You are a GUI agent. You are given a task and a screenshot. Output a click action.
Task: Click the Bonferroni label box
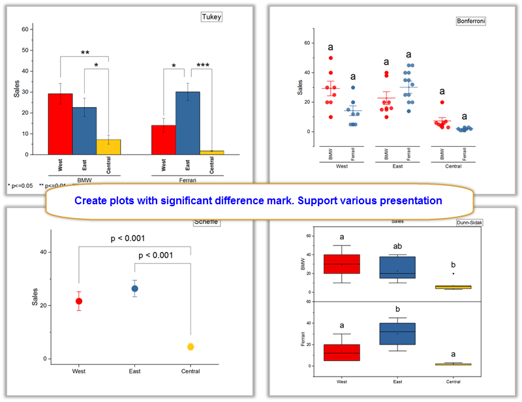[471, 21]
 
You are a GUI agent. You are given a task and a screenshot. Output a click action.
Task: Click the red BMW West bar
[61, 124]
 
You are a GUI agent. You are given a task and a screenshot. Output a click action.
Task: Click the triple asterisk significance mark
[203, 66]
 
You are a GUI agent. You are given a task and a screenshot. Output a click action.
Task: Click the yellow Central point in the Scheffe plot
[191, 347]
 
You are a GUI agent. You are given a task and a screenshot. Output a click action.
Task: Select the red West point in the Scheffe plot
[79, 301]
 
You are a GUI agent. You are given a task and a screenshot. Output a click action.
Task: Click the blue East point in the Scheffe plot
[134, 288]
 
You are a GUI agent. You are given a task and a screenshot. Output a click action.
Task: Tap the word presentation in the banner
[412, 200]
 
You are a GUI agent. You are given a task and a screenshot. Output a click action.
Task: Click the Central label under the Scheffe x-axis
[191, 371]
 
